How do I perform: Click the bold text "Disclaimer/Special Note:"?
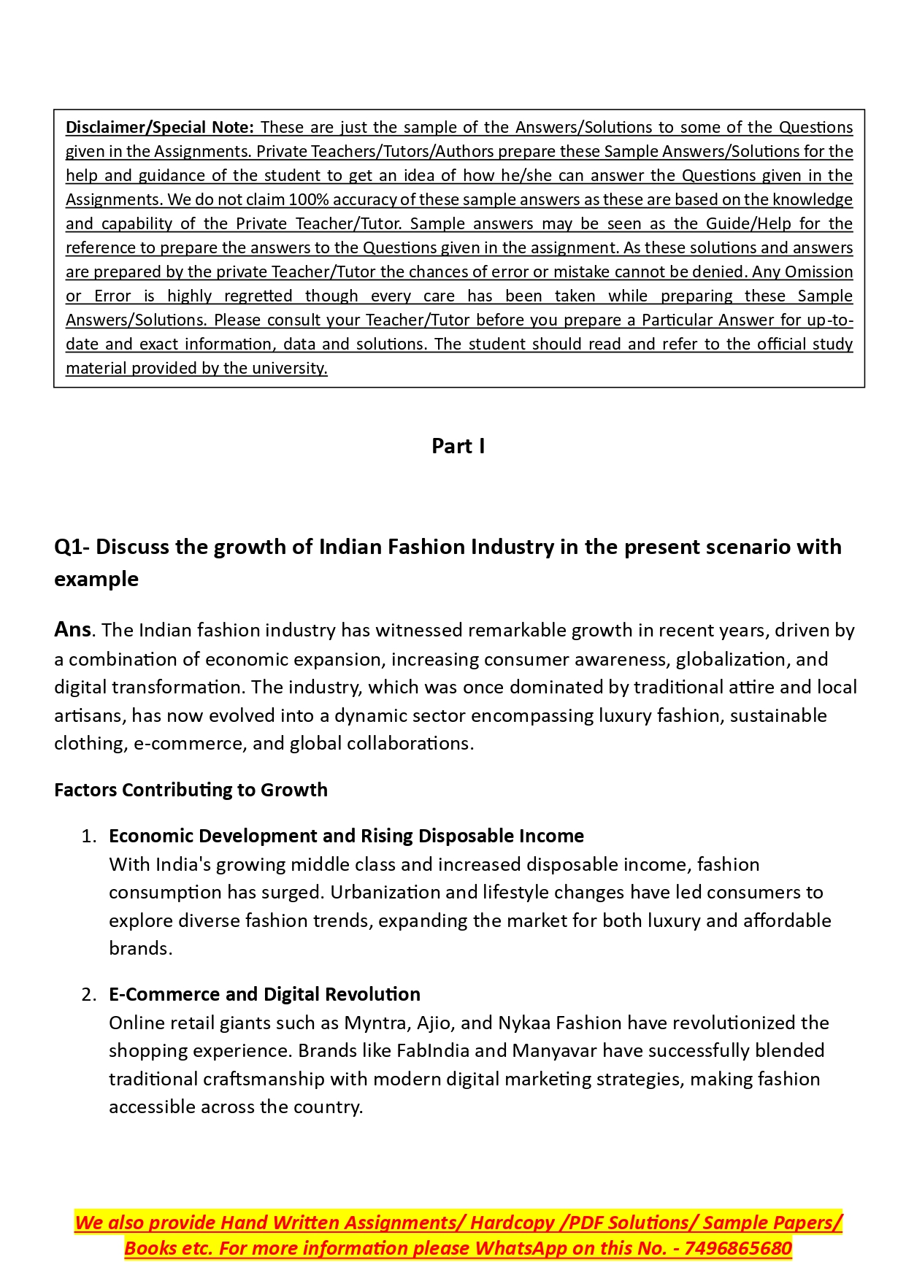159,127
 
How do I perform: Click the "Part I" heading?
458,446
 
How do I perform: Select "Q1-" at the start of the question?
72,547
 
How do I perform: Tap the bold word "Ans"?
72,629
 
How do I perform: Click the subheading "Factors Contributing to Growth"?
191,790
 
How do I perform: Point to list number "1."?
89,836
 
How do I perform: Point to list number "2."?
89,994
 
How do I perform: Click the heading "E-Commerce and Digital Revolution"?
264,994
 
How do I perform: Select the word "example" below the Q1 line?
96,579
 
